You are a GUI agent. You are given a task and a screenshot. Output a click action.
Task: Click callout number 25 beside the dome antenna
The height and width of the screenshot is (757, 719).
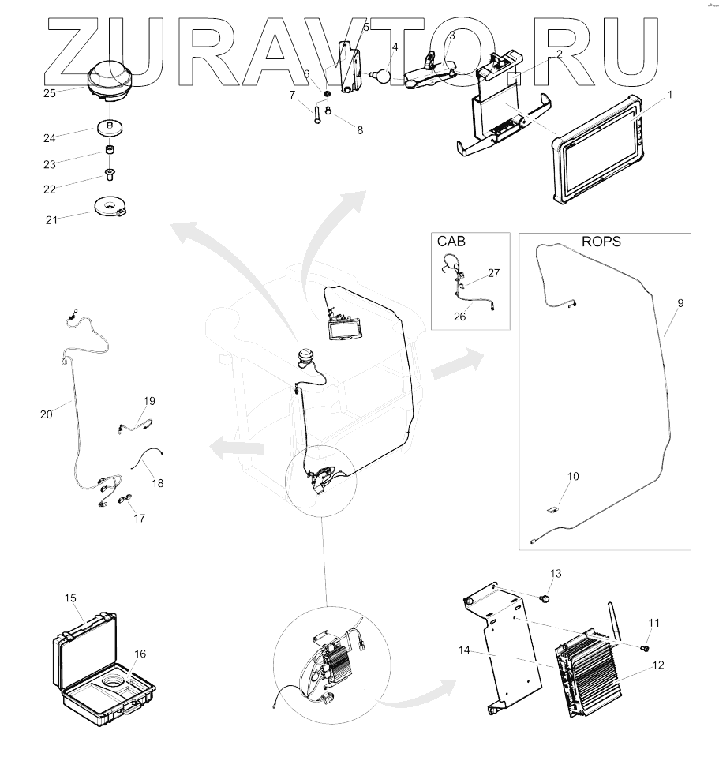(x=49, y=93)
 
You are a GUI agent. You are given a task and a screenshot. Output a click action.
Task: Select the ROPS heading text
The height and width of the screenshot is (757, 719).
(x=601, y=242)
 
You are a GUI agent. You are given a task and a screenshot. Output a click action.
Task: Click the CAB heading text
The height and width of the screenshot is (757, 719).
(x=453, y=242)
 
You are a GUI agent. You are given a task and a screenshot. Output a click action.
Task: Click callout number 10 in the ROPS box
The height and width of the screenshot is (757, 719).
(x=573, y=476)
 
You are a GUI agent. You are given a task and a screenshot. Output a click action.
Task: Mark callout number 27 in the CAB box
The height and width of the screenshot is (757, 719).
(x=493, y=273)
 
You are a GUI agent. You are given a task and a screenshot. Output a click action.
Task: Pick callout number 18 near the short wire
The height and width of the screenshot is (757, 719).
(x=158, y=482)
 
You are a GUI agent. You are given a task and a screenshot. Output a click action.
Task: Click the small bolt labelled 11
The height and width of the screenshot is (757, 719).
(x=644, y=648)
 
